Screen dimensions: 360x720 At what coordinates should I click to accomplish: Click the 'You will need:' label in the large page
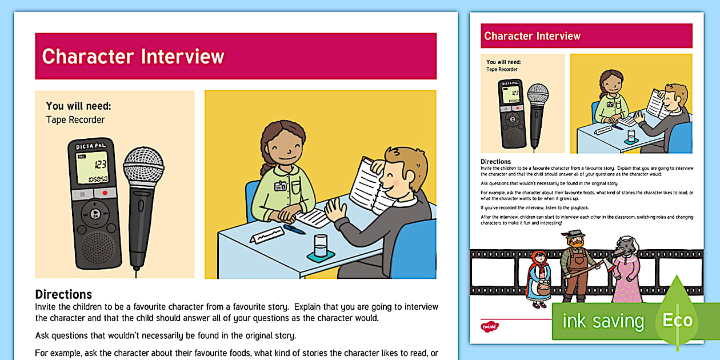78,106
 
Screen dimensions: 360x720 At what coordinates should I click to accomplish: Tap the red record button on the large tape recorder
105,193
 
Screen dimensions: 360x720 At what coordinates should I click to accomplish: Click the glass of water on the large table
321,246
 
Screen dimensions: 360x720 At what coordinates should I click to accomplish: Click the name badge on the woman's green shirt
280,186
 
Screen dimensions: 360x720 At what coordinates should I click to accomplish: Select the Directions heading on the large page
63,294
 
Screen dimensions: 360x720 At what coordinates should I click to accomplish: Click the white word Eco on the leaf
677,321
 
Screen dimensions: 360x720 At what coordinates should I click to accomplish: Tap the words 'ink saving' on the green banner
603,322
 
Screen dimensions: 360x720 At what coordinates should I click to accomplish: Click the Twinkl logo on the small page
490,326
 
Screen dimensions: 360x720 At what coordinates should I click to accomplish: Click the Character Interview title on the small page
532,36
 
